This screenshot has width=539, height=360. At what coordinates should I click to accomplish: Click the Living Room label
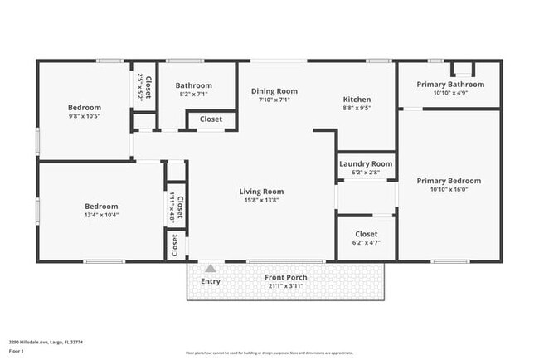261,191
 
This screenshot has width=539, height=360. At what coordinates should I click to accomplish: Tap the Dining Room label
274,91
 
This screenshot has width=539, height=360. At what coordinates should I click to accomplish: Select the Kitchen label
357,100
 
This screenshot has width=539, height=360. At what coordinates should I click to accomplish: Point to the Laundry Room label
366,164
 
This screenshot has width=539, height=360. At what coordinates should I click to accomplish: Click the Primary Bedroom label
449,181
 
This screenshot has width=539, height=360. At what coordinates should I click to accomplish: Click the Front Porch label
285,277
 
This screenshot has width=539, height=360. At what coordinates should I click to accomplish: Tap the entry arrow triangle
211,268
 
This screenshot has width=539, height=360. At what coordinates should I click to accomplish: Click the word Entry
211,282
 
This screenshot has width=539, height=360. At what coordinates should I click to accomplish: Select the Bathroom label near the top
193,85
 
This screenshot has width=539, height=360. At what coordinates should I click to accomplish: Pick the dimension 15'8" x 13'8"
261,200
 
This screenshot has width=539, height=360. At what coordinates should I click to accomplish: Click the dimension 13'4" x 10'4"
101,215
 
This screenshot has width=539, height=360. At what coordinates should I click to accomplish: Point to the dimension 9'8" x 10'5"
84,116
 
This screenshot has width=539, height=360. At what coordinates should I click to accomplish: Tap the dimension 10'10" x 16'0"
449,190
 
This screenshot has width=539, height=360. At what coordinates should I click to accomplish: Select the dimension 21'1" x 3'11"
285,286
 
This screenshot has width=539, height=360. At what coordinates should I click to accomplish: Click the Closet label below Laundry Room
366,235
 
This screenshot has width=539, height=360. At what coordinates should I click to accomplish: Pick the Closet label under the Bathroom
211,119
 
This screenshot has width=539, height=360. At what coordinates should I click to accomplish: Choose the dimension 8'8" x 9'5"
357,108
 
